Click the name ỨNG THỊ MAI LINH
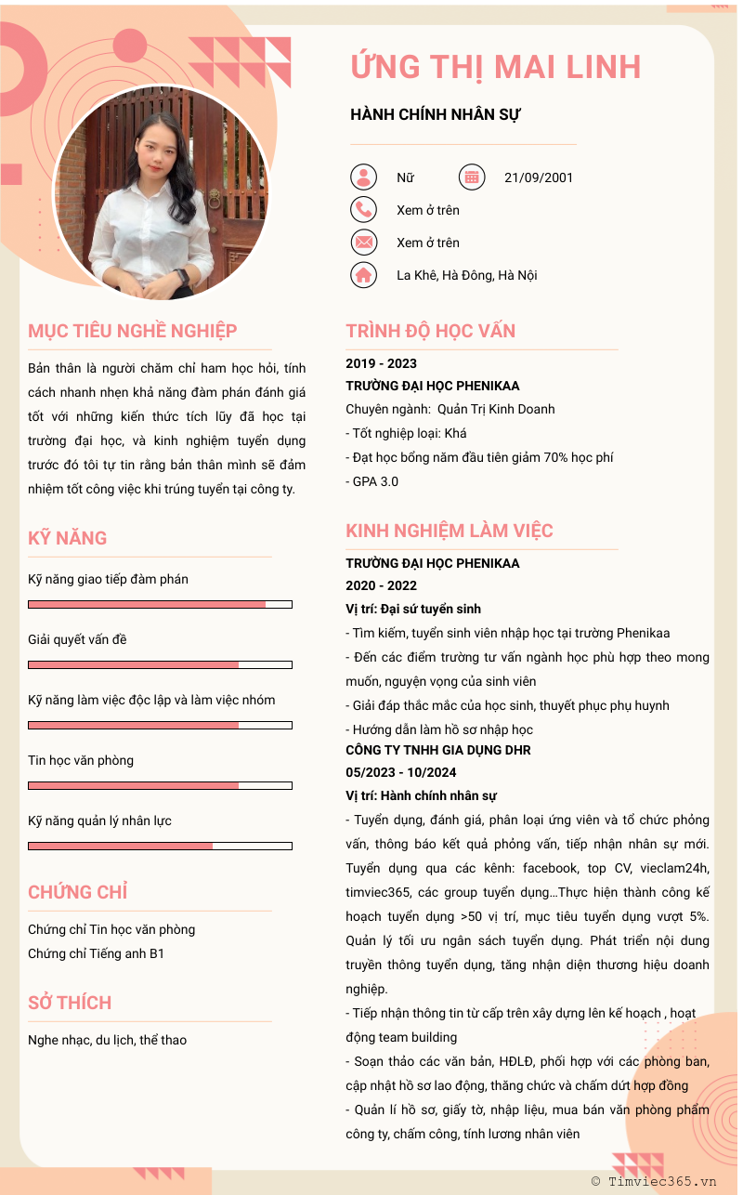click(496, 67)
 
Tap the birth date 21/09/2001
click(539, 177)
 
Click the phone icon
click(364, 210)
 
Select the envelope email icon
click(364, 243)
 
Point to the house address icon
click(364, 275)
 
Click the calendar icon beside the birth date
click(472, 177)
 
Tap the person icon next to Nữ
click(364, 177)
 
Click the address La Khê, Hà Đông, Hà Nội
click(466, 275)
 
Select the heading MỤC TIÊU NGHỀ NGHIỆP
click(133, 331)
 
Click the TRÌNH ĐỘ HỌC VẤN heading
click(431, 331)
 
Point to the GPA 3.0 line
click(372, 481)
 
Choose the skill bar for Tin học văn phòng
click(160, 785)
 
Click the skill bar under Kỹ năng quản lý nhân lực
click(160, 846)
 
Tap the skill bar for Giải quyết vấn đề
click(160, 664)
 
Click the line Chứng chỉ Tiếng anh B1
click(96, 953)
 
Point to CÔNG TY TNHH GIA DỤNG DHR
click(438, 750)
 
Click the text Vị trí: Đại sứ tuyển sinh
click(413, 609)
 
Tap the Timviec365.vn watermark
click(654, 1181)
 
